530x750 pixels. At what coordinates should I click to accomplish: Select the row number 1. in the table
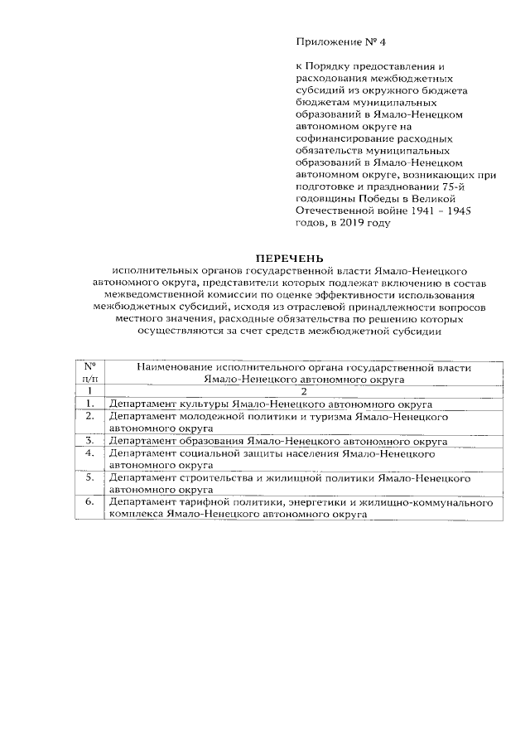tap(89, 404)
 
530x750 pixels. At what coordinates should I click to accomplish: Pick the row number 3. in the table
tap(89, 441)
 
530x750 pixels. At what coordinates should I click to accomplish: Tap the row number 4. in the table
tap(89, 453)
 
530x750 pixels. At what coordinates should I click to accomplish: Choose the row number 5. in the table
tap(89, 477)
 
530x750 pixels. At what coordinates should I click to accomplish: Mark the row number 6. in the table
tap(89, 502)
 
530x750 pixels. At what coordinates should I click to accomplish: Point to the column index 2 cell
tap(305, 391)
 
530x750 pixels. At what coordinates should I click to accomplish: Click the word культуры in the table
tap(202, 404)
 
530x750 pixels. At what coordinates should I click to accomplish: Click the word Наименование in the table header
tap(176, 366)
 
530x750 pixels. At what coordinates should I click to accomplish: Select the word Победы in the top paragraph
tap(373, 199)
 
